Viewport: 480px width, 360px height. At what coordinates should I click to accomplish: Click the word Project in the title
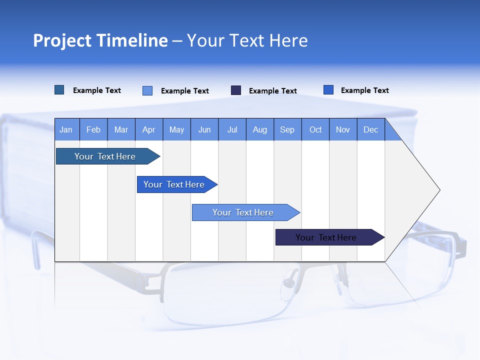tap(63, 40)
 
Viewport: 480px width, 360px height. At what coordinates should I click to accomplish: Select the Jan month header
tap(66, 129)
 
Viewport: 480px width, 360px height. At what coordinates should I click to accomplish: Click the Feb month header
tap(93, 129)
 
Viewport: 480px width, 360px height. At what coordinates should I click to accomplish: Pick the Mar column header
tap(121, 129)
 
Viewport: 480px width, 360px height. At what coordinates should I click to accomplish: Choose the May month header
tap(176, 129)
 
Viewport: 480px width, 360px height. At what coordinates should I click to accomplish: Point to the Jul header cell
tap(232, 129)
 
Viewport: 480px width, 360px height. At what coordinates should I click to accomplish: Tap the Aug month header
tap(260, 129)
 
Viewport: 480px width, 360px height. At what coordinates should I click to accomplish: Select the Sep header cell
tap(287, 129)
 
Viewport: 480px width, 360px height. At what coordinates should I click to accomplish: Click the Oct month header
tap(315, 129)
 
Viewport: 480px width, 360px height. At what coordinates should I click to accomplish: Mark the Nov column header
tap(343, 129)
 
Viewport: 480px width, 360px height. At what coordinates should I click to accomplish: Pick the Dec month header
tap(370, 129)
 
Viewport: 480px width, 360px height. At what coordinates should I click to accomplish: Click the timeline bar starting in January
tap(105, 156)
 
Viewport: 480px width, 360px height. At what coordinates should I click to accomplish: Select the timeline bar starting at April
tap(174, 184)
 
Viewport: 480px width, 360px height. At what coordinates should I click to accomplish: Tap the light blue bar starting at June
tap(243, 212)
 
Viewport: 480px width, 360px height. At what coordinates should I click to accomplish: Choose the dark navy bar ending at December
tap(326, 237)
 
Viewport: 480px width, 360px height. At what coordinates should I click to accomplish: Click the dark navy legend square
tap(236, 90)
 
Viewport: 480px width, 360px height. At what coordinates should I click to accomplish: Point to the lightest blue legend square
tap(147, 90)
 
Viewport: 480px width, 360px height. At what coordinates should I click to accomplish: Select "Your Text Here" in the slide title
tap(247, 40)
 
